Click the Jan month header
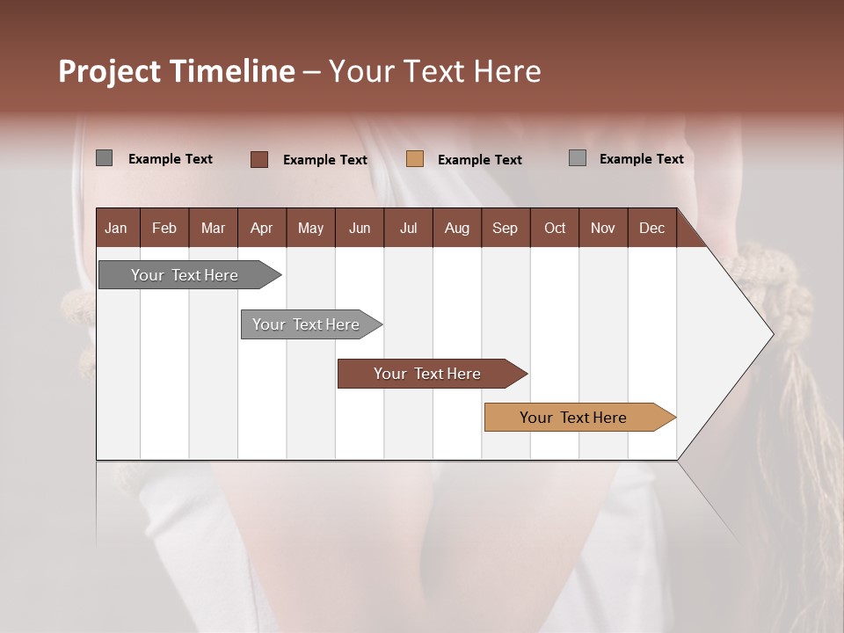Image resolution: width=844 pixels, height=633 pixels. [x=116, y=228]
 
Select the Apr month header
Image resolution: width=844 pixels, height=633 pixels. [x=261, y=228]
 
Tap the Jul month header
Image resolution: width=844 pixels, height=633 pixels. [x=408, y=228]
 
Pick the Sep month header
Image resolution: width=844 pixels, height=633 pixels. [x=505, y=228]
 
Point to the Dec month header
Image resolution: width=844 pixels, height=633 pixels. [x=651, y=228]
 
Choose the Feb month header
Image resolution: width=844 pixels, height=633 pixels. [x=164, y=228]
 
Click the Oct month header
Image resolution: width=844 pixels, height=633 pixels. [x=555, y=228]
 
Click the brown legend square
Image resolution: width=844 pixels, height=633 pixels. [x=258, y=159]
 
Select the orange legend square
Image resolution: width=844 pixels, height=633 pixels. [x=415, y=159]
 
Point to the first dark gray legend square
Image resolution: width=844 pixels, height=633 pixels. [x=104, y=158]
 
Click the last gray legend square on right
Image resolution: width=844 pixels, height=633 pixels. [x=577, y=158]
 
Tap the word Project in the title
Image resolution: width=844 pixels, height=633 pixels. [x=109, y=71]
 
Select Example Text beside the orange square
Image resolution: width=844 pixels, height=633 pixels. [x=479, y=160]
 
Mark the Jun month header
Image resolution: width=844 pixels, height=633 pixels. [x=360, y=228]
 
